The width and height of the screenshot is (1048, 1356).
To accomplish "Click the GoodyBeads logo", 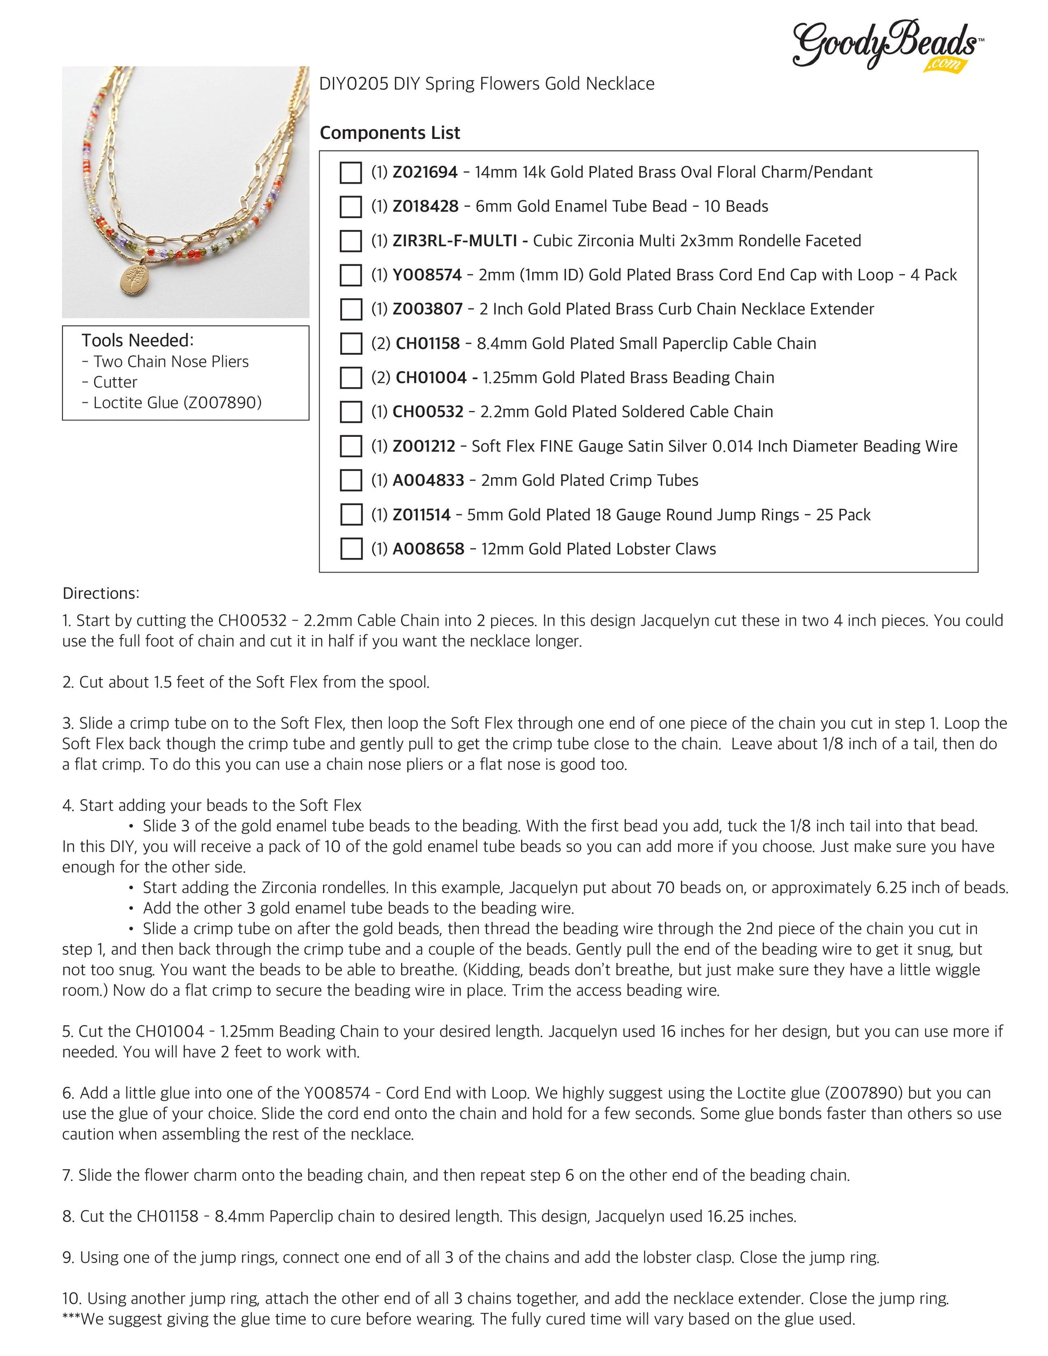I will pyautogui.click(x=886, y=45).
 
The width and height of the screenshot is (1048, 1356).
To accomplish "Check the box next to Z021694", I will pyautogui.click(x=351, y=173).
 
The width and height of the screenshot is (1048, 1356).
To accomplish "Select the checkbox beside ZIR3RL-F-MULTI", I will pyautogui.click(x=351, y=241).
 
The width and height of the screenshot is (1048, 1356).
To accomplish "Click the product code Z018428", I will pyautogui.click(x=425, y=206).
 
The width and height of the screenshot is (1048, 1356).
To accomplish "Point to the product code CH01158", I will pyautogui.click(x=428, y=344).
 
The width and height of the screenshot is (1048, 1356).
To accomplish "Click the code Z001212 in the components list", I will pyautogui.click(x=424, y=446).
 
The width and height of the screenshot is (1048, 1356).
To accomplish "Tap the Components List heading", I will pyautogui.click(x=389, y=132).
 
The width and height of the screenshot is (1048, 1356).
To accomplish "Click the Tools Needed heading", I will pyautogui.click(x=138, y=340).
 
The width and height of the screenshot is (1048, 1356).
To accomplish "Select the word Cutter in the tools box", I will pyautogui.click(x=115, y=382).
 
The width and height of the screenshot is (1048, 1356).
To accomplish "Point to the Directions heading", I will pyautogui.click(x=101, y=593).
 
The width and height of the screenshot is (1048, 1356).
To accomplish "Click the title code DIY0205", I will pyautogui.click(x=353, y=84).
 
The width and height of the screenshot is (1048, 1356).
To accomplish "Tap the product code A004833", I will pyautogui.click(x=428, y=480).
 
